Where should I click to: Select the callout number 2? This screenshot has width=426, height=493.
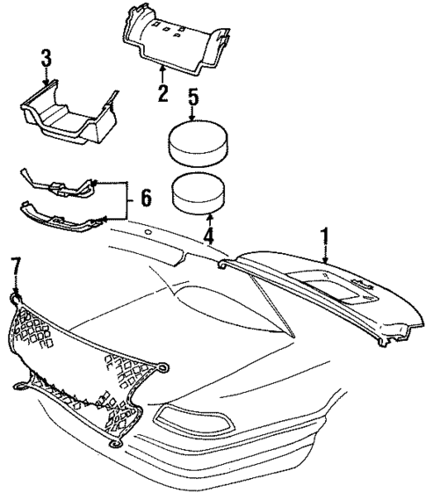[163, 92]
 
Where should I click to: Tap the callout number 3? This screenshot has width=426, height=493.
[47, 60]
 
